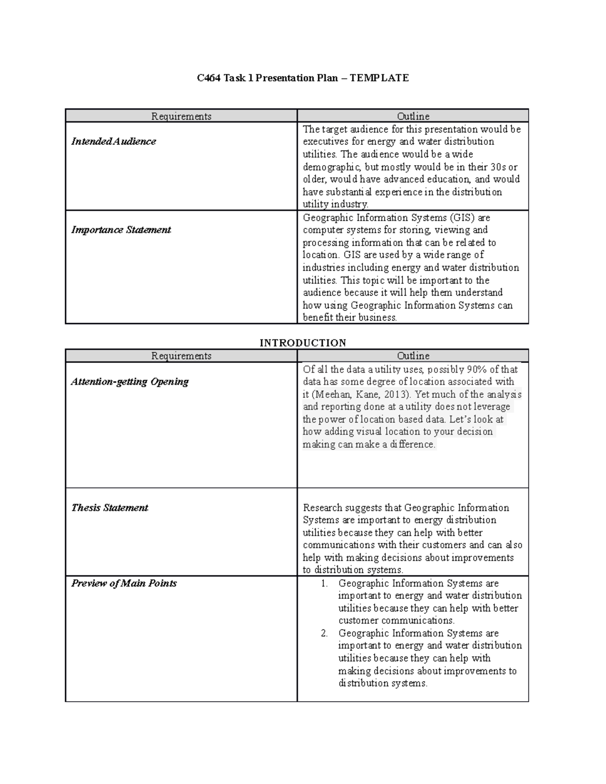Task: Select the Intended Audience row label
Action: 114,142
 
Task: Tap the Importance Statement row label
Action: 121,230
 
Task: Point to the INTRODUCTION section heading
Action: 302,343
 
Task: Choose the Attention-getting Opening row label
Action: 130,382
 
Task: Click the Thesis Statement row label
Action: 110,508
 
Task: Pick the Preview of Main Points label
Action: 124,584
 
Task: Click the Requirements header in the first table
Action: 181,117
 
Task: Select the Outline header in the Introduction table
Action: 413,356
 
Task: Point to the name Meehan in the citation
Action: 331,395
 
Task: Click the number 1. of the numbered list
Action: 324,584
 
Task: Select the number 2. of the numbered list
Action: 324,634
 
